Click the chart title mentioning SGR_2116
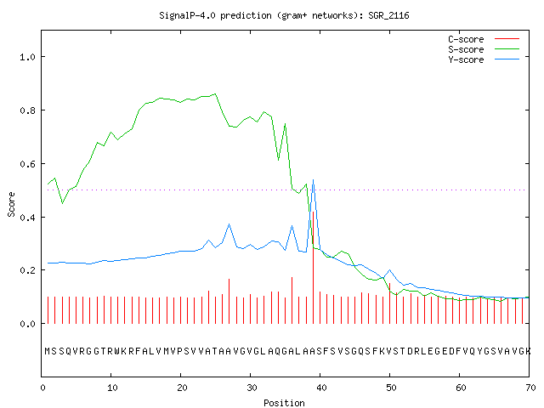point(284,15)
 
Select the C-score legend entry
point(484,39)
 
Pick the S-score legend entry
point(484,49)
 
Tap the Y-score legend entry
point(484,59)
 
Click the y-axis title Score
point(11,204)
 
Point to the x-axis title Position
point(284,403)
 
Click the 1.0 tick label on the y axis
point(27,57)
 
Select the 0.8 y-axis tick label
point(27,110)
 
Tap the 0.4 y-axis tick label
point(27,218)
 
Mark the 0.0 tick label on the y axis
point(27,324)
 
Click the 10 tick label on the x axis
point(112,388)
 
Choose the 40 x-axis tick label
point(321,388)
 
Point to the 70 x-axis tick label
point(530,388)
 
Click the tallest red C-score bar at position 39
point(314,268)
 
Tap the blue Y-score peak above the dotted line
point(314,180)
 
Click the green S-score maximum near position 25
point(215,93)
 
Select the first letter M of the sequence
point(48,351)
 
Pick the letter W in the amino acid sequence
point(117,351)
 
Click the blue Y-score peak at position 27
point(229,224)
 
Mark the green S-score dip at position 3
point(62,203)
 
